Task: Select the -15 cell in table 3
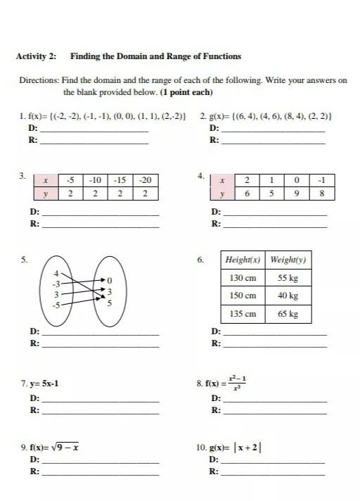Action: pyautogui.click(x=120, y=179)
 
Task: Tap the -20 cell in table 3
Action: pyautogui.click(x=145, y=179)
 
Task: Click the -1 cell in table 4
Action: pyautogui.click(x=321, y=179)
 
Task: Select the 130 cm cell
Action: pyautogui.click(x=243, y=278)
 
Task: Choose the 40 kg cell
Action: pyautogui.click(x=288, y=296)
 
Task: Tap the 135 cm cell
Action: pyautogui.click(x=243, y=314)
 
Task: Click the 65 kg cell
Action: pyautogui.click(x=288, y=314)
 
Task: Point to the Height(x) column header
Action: pyautogui.click(x=243, y=260)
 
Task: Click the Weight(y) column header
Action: pyautogui.click(x=288, y=260)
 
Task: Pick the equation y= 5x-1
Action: pyautogui.click(x=44, y=384)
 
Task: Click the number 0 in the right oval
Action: pyautogui.click(x=109, y=281)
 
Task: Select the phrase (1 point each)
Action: pyautogui.click(x=187, y=92)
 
